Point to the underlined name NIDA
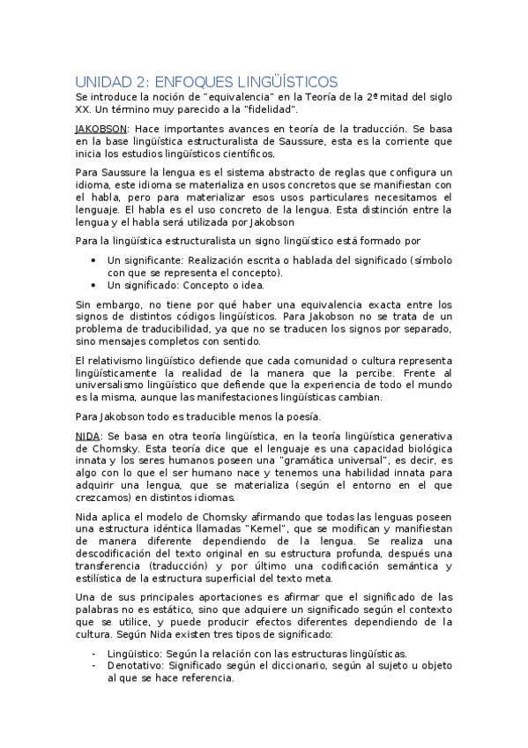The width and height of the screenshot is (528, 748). click(x=88, y=435)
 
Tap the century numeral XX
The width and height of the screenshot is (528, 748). click(x=86, y=108)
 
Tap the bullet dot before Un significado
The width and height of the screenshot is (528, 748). click(x=94, y=285)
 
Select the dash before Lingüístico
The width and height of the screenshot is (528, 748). click(x=94, y=652)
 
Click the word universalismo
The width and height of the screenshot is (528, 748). click(x=117, y=385)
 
